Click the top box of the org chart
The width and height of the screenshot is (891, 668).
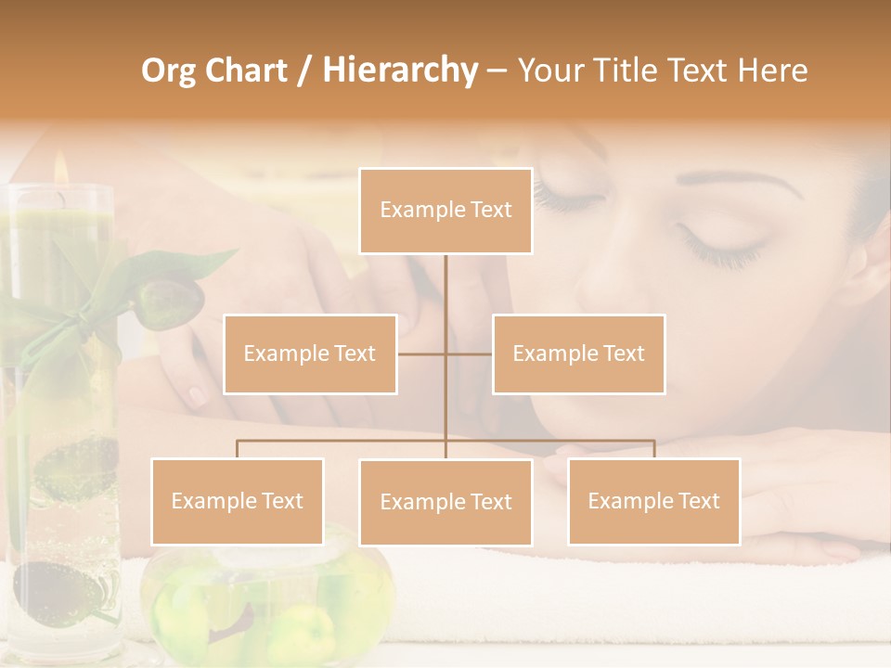[x=445, y=211]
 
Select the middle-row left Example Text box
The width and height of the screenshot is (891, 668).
[x=310, y=353]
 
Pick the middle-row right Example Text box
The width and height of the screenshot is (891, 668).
[x=578, y=353]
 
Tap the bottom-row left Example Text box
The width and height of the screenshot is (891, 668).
[x=238, y=501]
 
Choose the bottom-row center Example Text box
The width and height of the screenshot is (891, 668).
[x=445, y=502]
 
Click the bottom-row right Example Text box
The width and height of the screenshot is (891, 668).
[x=653, y=501]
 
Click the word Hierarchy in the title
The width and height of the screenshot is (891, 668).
[x=400, y=70]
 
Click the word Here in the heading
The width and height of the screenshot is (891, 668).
[x=772, y=70]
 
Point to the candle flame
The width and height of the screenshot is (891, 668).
[x=61, y=169]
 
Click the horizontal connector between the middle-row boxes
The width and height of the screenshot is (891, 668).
[x=445, y=353]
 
